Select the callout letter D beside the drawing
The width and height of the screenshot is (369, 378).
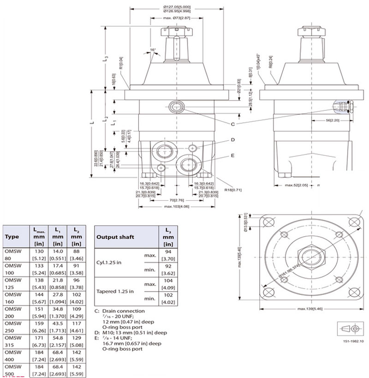[232, 139]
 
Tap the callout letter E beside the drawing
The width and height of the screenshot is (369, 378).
[232, 156]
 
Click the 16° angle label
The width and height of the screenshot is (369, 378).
[153, 50]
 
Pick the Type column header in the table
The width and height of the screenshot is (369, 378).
[12, 237]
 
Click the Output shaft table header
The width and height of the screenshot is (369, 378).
[115, 237]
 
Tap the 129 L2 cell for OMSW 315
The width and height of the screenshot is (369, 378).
[76, 339]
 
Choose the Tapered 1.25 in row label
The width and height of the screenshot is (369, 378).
[115, 291]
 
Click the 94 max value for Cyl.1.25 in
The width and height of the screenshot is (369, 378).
[168, 252]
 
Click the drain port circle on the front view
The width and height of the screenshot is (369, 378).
[176, 107]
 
